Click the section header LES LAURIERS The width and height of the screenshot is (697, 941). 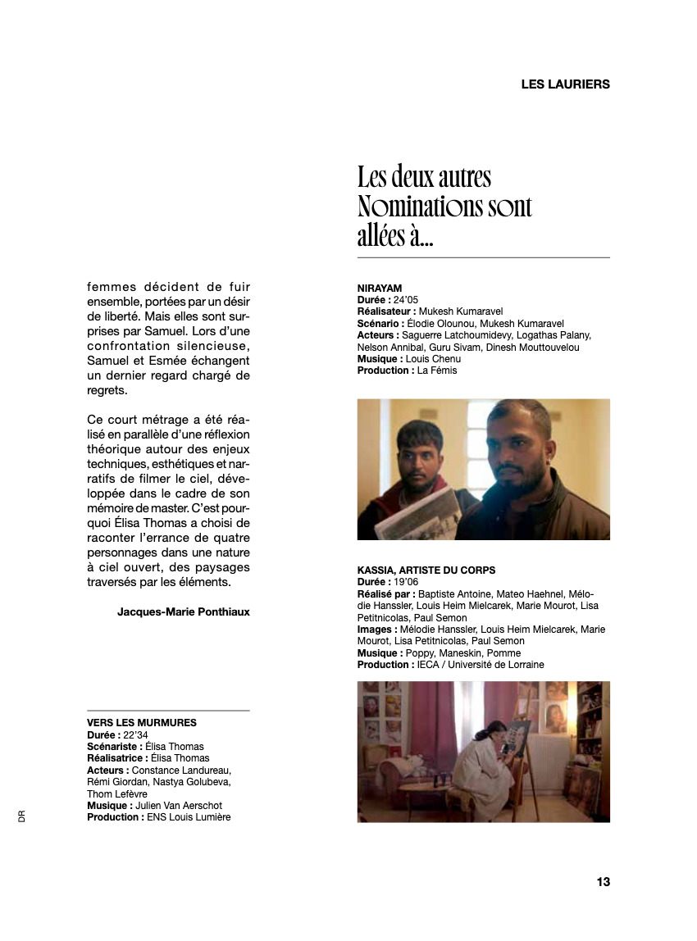coord(565,84)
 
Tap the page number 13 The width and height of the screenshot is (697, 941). coord(603,882)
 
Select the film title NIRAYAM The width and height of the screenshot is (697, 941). coord(380,289)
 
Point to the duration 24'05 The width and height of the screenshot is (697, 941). coord(405,300)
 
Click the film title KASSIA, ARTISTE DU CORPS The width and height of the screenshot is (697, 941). coord(426,570)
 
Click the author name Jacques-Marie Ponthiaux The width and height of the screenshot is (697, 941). coord(184,611)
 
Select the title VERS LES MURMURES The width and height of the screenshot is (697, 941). coord(142,722)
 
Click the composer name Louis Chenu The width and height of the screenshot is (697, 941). coord(433,359)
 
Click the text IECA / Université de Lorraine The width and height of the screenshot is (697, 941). coord(481,665)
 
